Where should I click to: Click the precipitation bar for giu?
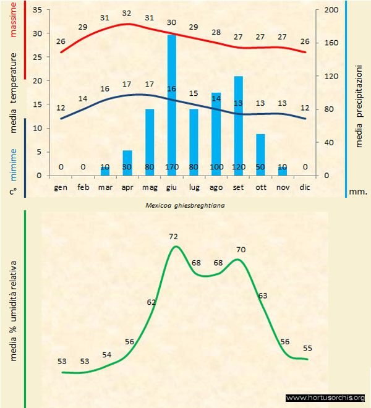pyautogui.click(x=172, y=105)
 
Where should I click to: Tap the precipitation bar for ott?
pyautogui.click(x=260, y=155)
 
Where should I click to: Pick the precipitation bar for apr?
pyautogui.click(x=127, y=163)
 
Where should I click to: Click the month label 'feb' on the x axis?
pyautogui.click(x=83, y=187)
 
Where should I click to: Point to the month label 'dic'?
pyautogui.click(x=304, y=187)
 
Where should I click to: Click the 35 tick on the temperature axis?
pyautogui.click(x=36, y=11)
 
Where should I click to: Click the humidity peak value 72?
pyautogui.click(x=173, y=237)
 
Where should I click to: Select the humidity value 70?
pyautogui.click(x=241, y=250)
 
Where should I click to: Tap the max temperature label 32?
pyautogui.click(x=127, y=13)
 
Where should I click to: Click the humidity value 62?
pyautogui.click(x=151, y=302)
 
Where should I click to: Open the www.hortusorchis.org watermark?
pyautogui.click(x=326, y=397)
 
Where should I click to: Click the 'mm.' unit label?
pyautogui.click(x=358, y=192)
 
